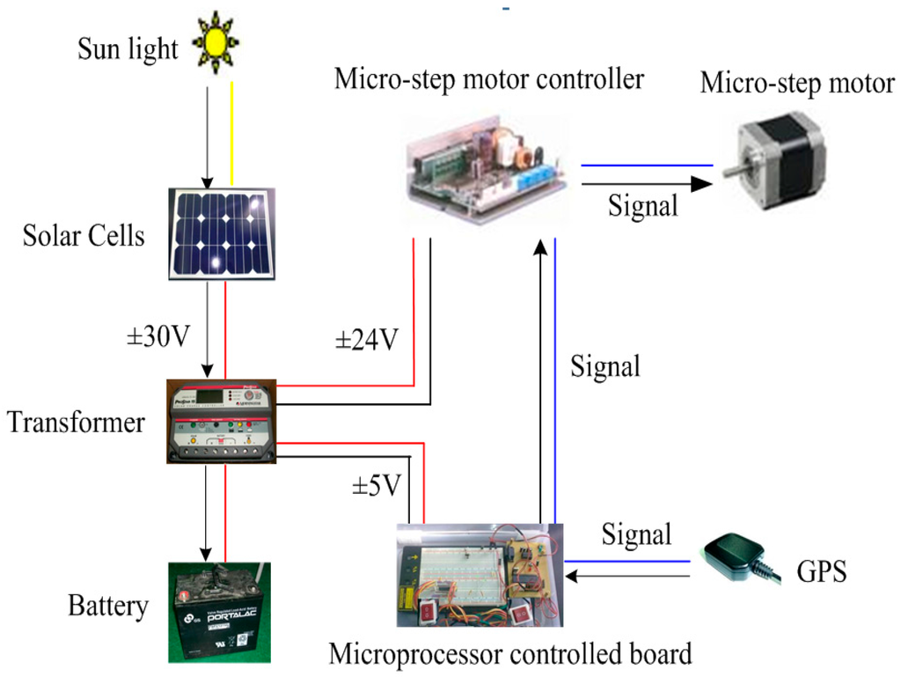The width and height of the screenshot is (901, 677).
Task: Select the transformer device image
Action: point(222,422)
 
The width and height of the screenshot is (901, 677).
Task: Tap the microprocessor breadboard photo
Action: point(480,576)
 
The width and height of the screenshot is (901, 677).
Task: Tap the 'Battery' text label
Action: point(108,607)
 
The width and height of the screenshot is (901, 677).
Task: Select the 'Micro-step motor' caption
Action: point(796,84)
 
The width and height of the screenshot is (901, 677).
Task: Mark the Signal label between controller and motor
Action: point(643,206)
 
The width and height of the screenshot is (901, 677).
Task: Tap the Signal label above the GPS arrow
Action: point(637,534)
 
